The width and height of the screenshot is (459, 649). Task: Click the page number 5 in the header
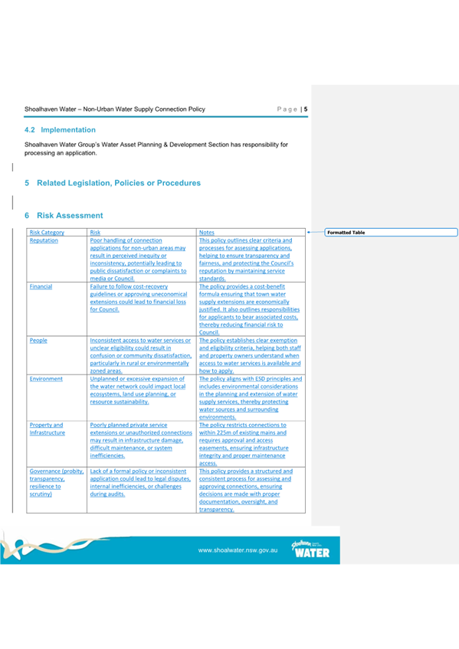(306, 109)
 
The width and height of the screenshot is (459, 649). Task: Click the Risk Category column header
(47, 233)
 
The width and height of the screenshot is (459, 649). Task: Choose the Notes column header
(206, 233)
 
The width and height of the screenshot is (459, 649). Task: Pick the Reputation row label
(44, 240)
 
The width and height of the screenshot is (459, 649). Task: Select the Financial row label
(41, 286)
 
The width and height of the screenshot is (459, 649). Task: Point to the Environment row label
(47, 378)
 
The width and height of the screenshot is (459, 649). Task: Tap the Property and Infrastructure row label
(47, 428)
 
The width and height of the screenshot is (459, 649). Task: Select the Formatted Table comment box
(391, 232)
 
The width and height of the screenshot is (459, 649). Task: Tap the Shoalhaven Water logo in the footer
(310, 548)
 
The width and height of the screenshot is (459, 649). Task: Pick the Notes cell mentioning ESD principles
(250, 397)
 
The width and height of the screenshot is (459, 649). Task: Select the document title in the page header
(114, 109)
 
